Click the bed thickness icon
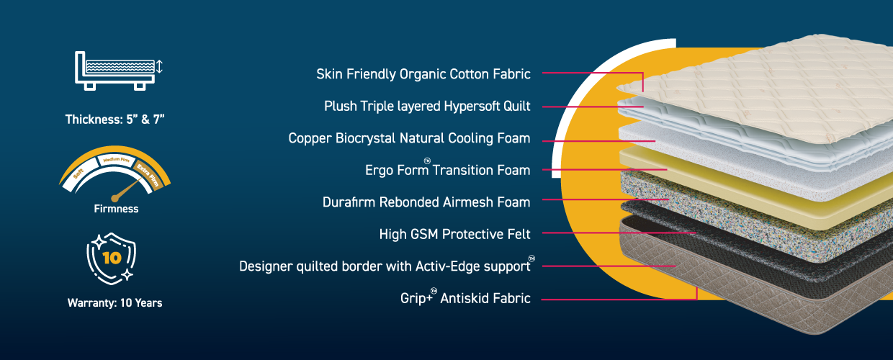point(118,71)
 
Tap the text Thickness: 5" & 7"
point(115,120)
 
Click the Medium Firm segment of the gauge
point(116,161)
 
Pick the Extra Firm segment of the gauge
point(150,176)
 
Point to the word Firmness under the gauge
point(116,209)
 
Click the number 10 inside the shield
point(112,258)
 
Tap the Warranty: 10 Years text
point(115,303)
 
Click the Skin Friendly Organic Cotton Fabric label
point(423,74)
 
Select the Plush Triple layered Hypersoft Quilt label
point(427,107)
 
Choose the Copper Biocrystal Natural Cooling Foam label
point(410,138)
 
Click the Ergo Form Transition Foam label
point(448,169)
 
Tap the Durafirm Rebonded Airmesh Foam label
point(426,202)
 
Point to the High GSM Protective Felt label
point(455,234)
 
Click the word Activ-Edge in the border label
point(449,266)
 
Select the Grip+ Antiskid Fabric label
point(465,297)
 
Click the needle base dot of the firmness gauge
point(115,198)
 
